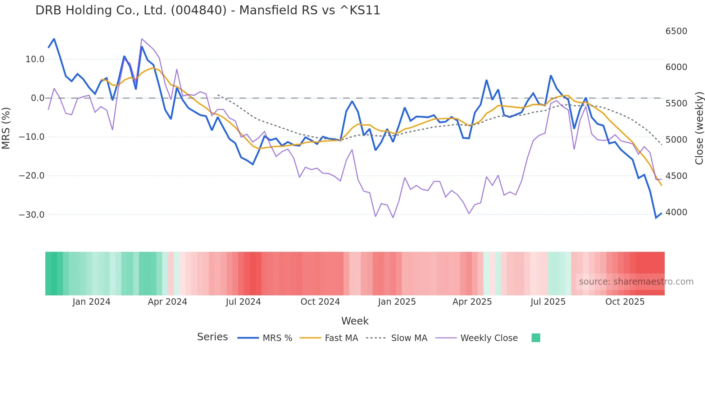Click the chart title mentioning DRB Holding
[208, 10]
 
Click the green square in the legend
[536, 338]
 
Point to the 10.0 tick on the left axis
[35, 59]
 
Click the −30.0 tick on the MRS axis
[32, 215]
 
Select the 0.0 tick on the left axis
[38, 98]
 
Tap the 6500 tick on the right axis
[676, 31]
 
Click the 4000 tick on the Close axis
[676, 212]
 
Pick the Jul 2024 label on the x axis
[243, 302]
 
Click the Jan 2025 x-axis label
[397, 302]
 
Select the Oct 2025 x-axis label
[625, 302]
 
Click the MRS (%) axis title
[6, 128]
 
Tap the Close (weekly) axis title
[699, 128]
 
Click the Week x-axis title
[355, 321]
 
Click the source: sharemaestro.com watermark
[636, 282]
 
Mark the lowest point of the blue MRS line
[656, 218]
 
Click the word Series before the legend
[212, 337]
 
